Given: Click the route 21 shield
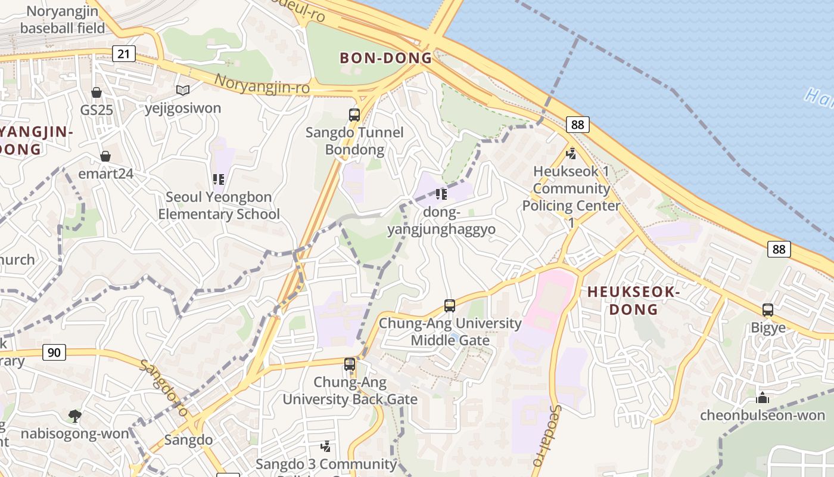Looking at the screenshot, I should click(x=123, y=54).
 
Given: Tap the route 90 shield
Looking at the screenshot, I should click(x=54, y=352).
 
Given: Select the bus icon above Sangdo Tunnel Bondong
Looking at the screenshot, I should click(x=354, y=115).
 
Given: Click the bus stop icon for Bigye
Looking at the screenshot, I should click(x=768, y=310).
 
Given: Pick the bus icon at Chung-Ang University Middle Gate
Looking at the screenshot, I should click(x=450, y=306).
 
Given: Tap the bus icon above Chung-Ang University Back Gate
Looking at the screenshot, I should click(x=350, y=364).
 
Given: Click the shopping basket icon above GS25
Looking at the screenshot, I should click(x=97, y=92).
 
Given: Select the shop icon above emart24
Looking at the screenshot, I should click(x=105, y=156).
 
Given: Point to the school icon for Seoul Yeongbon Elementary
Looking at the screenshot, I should click(x=219, y=179).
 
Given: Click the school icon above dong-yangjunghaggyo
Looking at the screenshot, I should click(x=441, y=194).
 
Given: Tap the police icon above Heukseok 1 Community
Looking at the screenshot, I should click(x=571, y=153).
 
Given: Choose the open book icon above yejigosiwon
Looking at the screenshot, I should click(x=183, y=91).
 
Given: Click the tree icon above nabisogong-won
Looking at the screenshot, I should click(x=75, y=416).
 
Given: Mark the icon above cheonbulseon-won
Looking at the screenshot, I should click(x=762, y=398).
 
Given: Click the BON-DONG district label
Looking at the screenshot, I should click(x=385, y=58).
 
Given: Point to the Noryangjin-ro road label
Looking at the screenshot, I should click(x=262, y=84).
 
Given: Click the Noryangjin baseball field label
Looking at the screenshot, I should click(x=63, y=19).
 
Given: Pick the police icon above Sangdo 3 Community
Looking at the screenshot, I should click(x=326, y=446).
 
